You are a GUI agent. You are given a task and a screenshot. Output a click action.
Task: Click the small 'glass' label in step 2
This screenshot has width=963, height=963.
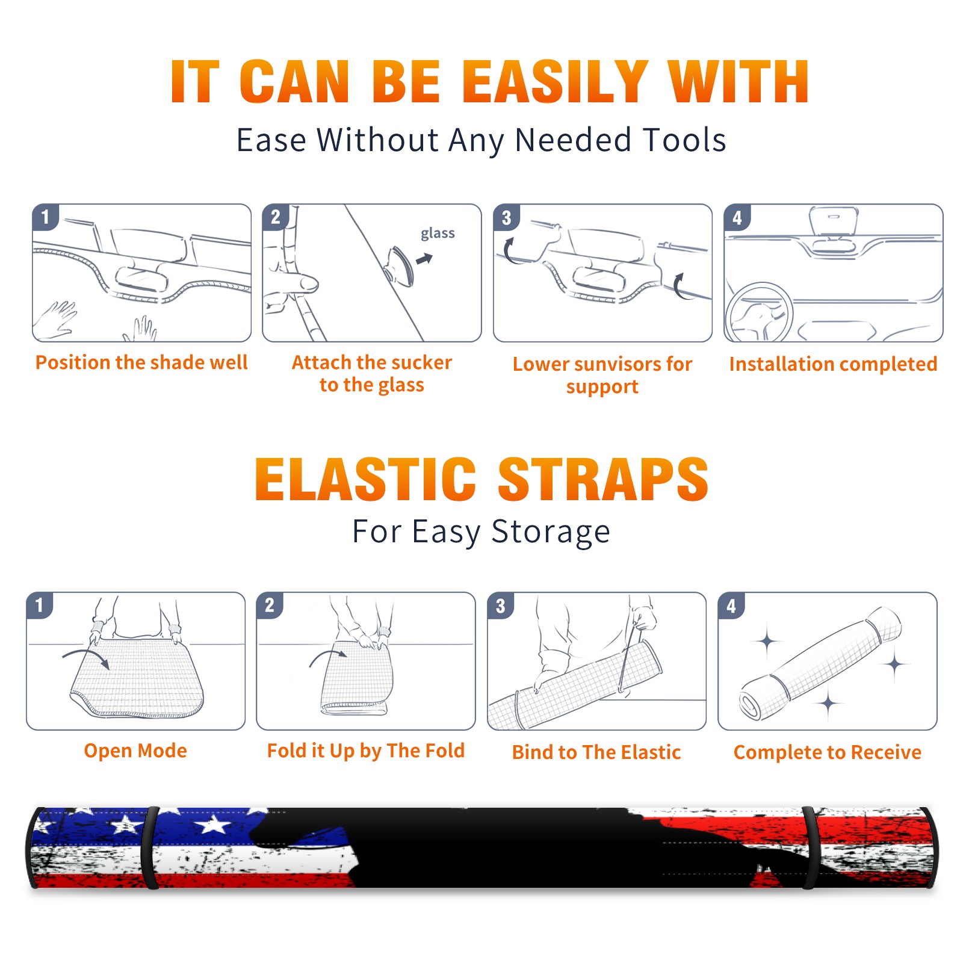pos(438,234)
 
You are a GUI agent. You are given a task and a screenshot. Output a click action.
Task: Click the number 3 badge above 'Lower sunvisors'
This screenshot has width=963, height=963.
pos(506,217)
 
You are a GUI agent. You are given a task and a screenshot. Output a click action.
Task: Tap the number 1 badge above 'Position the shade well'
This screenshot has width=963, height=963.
pos(45,217)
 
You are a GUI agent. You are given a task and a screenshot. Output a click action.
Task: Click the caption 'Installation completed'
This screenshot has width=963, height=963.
pos(833,364)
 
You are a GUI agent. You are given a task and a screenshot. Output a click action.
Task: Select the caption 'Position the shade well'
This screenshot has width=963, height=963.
pos(141,362)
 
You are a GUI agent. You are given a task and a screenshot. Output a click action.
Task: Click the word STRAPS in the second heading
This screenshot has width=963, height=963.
pos(603,479)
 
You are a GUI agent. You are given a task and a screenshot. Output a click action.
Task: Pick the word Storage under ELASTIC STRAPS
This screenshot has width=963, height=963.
pos(551,532)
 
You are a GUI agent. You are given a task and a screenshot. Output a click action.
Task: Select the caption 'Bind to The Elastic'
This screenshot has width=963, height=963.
pos(596,752)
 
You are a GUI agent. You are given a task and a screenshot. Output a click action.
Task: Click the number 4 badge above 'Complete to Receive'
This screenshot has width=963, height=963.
pos(731,605)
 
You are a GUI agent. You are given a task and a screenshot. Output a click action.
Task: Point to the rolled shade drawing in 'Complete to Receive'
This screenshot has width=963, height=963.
pos(821,663)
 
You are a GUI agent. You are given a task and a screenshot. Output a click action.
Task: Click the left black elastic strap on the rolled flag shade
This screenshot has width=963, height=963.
pos(150,848)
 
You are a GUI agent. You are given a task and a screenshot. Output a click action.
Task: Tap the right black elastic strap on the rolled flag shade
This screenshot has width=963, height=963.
pos(810,848)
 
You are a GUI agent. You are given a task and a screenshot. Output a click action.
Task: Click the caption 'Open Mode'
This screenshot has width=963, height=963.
pos(135,751)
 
